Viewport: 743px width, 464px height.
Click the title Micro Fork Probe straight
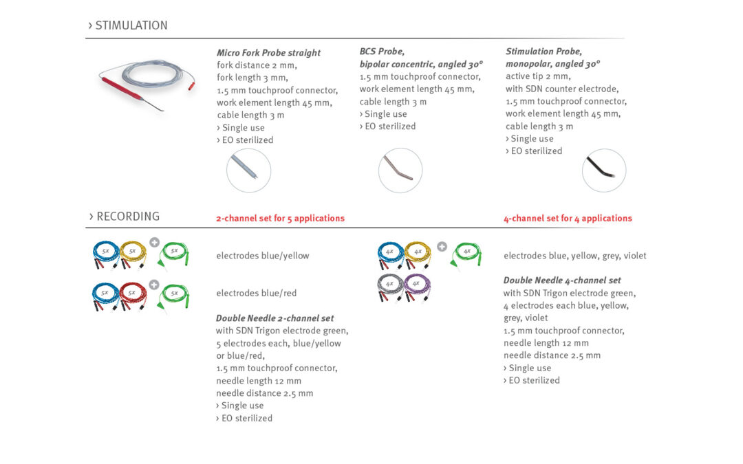[269, 52]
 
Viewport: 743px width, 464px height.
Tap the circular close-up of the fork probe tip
[249, 170]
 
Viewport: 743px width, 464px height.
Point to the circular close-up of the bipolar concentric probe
[400, 170]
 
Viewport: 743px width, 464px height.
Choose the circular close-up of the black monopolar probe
[604, 170]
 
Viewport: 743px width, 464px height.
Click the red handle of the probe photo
[121, 89]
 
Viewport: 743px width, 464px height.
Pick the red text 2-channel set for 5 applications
[281, 219]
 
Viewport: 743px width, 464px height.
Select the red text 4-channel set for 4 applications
[568, 219]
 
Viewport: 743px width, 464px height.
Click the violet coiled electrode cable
[417, 287]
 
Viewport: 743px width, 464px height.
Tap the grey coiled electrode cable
[390, 287]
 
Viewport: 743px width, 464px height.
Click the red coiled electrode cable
[133, 296]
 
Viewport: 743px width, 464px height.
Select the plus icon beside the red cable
[154, 284]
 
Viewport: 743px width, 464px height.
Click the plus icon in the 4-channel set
[442, 247]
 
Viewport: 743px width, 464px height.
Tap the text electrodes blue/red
[257, 293]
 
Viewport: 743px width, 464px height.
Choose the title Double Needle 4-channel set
[562, 280]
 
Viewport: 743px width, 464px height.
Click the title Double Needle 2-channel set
[274, 318]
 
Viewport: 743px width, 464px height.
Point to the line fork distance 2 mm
[257, 65]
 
